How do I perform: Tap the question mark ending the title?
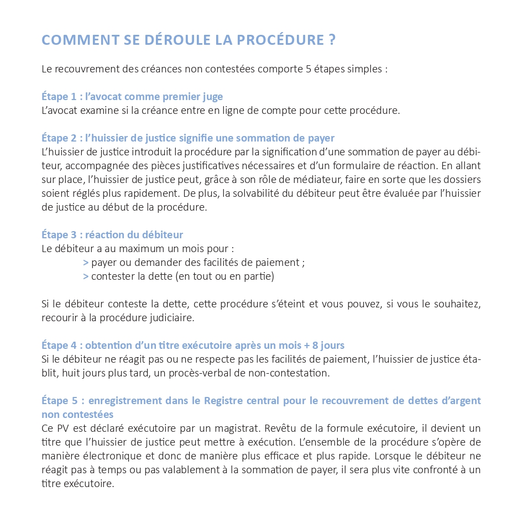coord(331,40)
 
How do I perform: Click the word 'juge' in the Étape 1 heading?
coord(213,97)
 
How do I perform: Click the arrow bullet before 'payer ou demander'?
coord(86,263)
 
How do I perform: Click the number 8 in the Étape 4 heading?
coord(315,346)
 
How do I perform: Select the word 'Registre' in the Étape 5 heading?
coord(224,400)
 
